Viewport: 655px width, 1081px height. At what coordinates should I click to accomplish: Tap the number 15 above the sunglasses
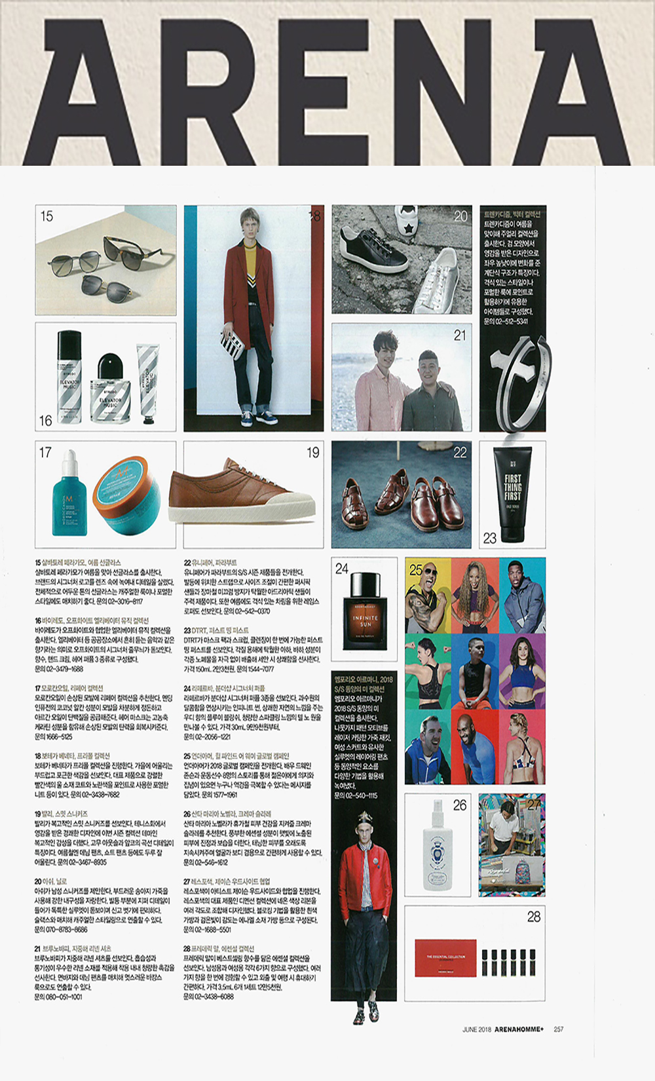(x=47, y=216)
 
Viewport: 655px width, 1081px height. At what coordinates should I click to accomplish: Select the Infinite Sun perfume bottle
(x=365, y=610)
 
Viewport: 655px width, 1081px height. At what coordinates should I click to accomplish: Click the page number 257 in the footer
(x=558, y=1029)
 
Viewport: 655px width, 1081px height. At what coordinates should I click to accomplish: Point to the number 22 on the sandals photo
(x=460, y=452)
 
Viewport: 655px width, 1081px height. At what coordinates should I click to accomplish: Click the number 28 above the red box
(x=534, y=917)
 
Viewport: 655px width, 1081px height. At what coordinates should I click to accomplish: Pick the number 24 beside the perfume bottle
(x=342, y=569)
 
